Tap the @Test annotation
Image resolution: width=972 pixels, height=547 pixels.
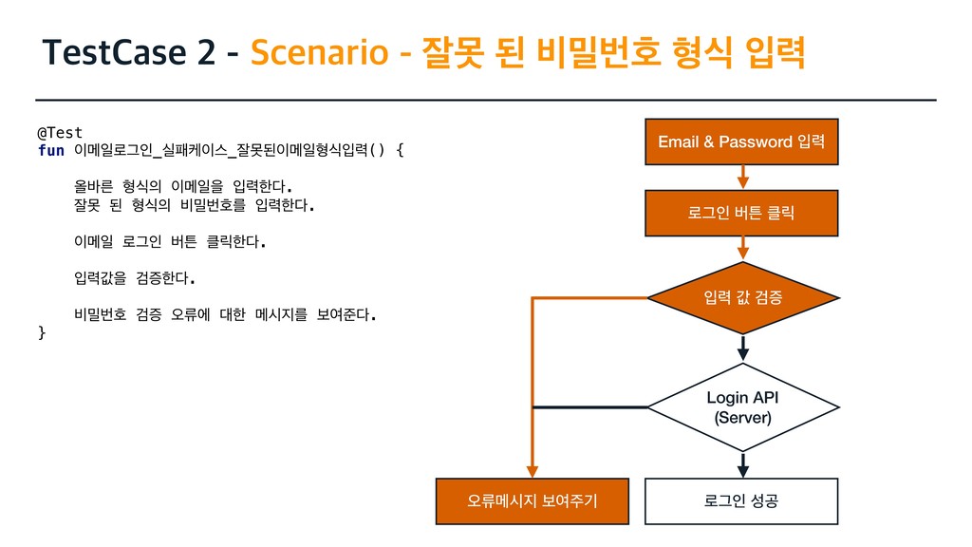pos(60,132)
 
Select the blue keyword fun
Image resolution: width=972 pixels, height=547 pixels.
pos(50,150)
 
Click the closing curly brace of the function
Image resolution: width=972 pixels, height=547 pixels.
pos(41,332)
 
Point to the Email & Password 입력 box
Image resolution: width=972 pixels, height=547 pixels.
pos(741,141)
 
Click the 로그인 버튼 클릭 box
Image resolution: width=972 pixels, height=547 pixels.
pos(741,213)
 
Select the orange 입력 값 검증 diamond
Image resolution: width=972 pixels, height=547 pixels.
pos(742,298)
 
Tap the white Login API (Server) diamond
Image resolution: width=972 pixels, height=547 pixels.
pos(742,407)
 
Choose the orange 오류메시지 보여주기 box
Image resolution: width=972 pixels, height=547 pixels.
pos(532,501)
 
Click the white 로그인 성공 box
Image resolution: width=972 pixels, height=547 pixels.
pos(741,501)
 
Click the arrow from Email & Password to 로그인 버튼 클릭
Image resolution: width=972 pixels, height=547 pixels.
pos(742,178)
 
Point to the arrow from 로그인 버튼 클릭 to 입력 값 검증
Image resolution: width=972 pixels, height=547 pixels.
pos(742,249)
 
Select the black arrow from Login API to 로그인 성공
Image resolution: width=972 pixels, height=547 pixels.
pos(742,464)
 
